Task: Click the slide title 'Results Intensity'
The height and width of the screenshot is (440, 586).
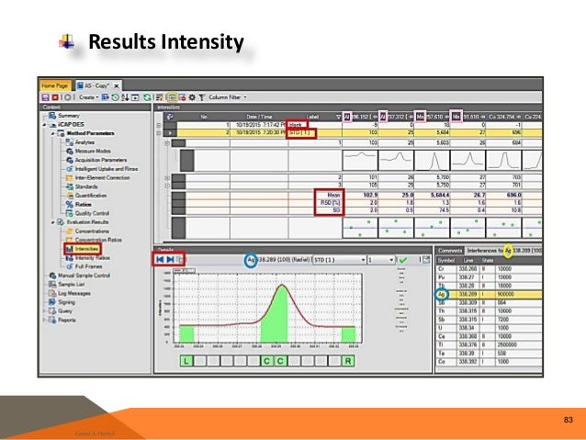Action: click(164, 42)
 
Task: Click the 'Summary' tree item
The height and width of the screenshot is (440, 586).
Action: click(70, 115)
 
